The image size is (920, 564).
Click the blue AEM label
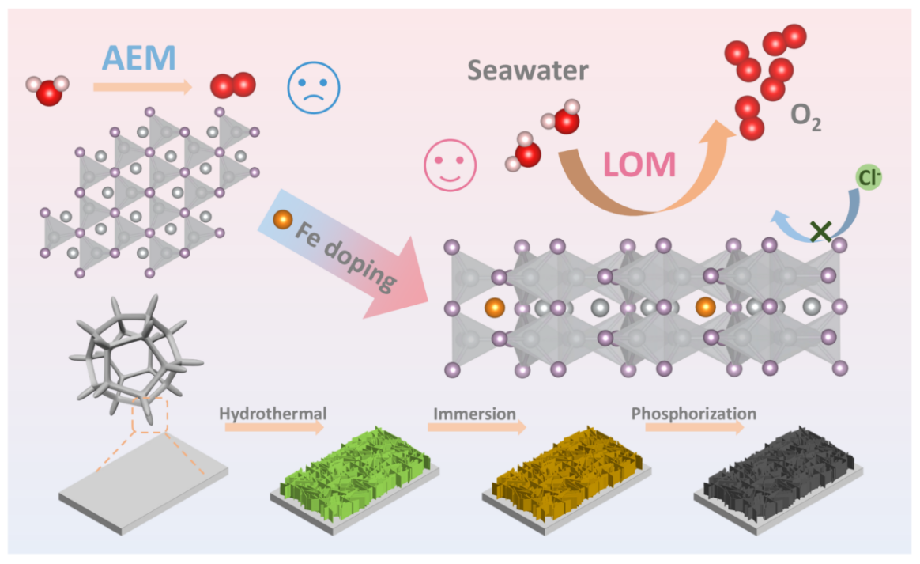pos(138,59)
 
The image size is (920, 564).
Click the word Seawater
pos(527,71)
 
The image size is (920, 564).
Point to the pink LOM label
pos(639,165)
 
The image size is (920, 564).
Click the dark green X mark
pos(821,232)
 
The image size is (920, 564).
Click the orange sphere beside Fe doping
pos(281,219)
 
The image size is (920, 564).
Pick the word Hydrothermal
pos(273,414)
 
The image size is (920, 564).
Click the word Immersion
pos(474,414)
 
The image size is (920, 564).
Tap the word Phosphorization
pos(693,414)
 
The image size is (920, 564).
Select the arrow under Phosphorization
pos(694,427)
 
